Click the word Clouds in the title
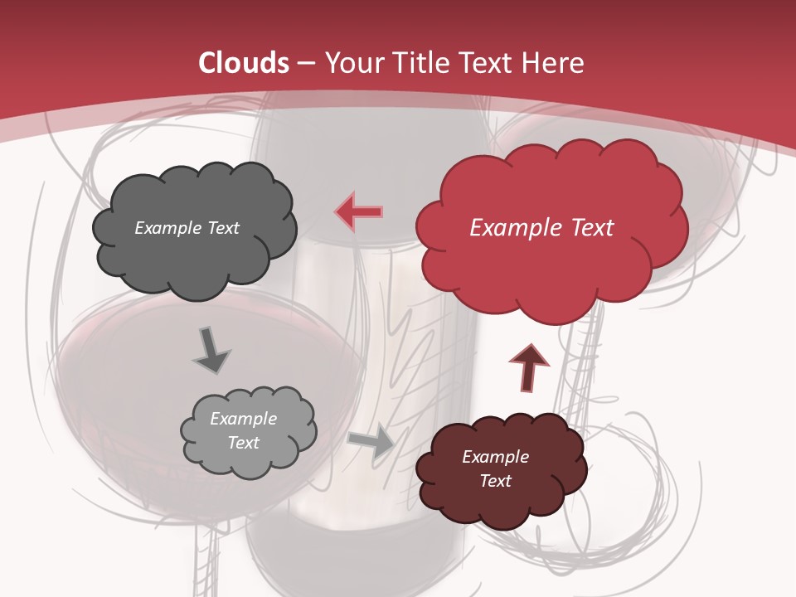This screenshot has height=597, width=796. pos(244,63)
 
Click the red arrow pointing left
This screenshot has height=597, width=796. pos(359,212)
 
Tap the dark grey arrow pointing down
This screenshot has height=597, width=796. pos(212,349)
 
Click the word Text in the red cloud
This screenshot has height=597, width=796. pos(590,228)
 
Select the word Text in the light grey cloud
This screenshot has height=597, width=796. pos(243,443)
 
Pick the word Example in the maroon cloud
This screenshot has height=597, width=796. pos(495,457)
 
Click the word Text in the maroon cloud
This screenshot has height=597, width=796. pos(495,481)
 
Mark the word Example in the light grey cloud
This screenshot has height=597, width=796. pos(243,419)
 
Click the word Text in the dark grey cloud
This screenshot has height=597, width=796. pos(222,228)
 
